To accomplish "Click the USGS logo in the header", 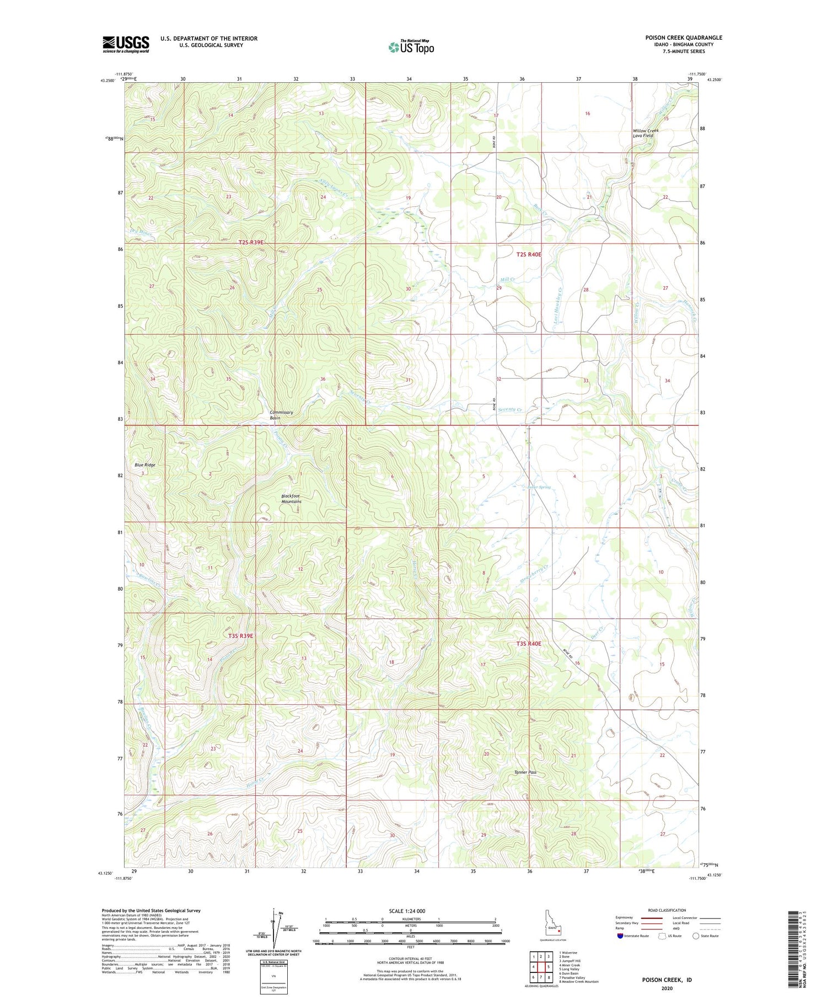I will pyautogui.click(x=126, y=44).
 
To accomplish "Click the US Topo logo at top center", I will pyautogui.click(x=411, y=47).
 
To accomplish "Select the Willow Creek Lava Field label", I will pyautogui.click(x=645, y=133).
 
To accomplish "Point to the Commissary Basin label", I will pyautogui.click(x=281, y=415).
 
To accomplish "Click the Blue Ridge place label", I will pyautogui.click(x=145, y=464).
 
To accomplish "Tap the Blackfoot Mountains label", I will pyautogui.click(x=291, y=499).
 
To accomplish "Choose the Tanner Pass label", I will pyautogui.click(x=525, y=772).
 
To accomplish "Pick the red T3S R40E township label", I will pyautogui.click(x=529, y=644).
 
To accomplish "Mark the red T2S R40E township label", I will pyautogui.click(x=529, y=255).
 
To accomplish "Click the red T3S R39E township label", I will pyautogui.click(x=241, y=635).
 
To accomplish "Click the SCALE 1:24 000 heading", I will pyautogui.click(x=410, y=911).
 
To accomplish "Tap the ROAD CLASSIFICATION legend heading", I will pyautogui.click(x=667, y=910).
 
